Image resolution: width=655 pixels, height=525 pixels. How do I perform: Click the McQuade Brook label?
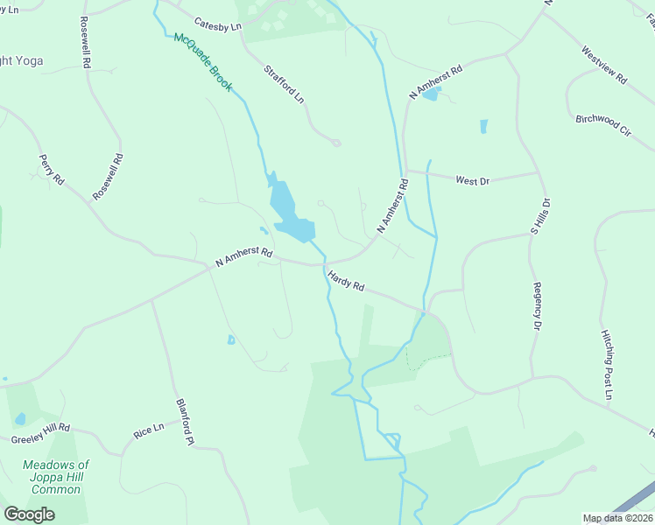(202, 62)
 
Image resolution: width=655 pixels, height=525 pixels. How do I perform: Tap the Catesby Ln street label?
(217, 26)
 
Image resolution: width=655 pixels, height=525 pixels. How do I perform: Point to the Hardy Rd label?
(346, 281)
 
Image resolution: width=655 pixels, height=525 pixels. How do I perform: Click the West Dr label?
(472, 180)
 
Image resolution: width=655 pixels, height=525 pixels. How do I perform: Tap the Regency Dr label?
(537, 306)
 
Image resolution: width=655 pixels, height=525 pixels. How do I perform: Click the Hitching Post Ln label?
(607, 365)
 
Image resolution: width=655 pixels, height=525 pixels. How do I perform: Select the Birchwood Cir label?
(603, 124)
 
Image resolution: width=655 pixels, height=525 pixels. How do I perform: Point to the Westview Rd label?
(604, 65)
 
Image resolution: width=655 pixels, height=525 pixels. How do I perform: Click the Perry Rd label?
(52, 169)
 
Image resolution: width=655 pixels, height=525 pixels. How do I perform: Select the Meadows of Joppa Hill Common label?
(56, 479)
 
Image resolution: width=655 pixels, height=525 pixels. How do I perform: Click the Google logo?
(29, 514)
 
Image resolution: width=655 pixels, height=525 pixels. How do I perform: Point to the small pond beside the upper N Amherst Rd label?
(431, 94)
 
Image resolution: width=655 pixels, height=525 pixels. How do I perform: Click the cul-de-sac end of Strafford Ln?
(336, 143)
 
